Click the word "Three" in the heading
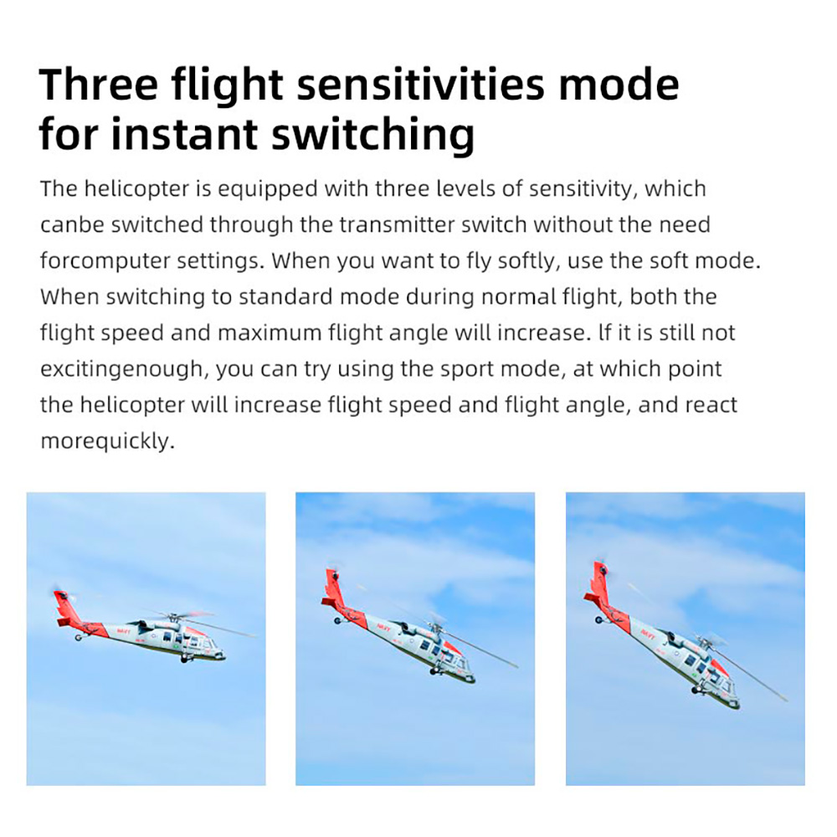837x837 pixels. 98,84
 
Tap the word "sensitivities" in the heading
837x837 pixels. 421,84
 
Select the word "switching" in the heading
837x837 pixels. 372,135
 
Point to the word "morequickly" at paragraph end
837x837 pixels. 107,441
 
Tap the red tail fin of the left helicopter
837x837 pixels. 66,608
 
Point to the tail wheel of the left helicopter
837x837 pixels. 79,637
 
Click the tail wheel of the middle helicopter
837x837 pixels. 336,621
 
